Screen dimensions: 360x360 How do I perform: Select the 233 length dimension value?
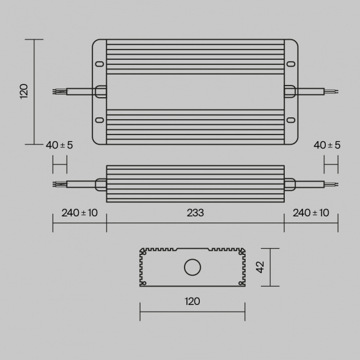(195, 213)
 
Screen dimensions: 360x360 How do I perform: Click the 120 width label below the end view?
(192, 301)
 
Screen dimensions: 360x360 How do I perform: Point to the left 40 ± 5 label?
(59, 145)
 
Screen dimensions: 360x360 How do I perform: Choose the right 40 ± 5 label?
(327, 145)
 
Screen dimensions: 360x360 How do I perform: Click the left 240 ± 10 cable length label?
(79, 213)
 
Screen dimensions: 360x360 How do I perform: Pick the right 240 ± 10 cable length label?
(311, 213)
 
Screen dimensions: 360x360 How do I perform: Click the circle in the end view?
(193, 267)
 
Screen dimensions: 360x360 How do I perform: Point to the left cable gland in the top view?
(100, 92)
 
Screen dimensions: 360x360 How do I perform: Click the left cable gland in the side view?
(101, 183)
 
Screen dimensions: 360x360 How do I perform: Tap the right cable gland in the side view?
(290, 183)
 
